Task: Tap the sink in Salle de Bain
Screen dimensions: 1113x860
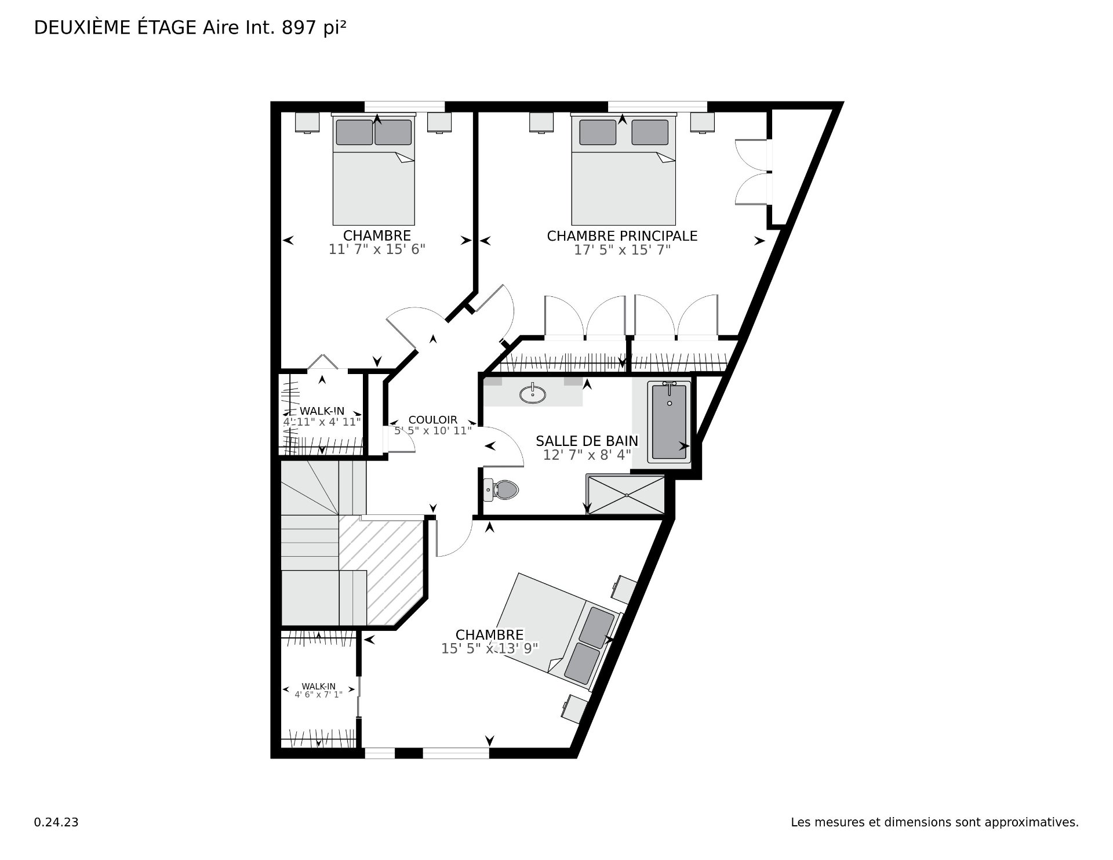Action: pyautogui.click(x=532, y=394)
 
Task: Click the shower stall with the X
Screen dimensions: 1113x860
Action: pyautogui.click(x=626, y=495)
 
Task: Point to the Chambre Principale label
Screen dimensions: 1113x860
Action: pyautogui.click(x=622, y=236)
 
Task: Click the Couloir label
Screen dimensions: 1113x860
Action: pyautogui.click(x=433, y=420)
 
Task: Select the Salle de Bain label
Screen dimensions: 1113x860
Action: pyautogui.click(x=587, y=441)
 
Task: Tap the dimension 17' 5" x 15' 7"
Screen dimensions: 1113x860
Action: pyautogui.click(x=622, y=250)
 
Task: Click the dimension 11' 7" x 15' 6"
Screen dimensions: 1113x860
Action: pyautogui.click(x=377, y=249)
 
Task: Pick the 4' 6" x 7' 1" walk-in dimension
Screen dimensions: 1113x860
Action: pyautogui.click(x=318, y=694)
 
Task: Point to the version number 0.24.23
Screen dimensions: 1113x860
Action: pyautogui.click(x=56, y=822)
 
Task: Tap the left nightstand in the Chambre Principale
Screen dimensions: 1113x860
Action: pyautogui.click(x=541, y=122)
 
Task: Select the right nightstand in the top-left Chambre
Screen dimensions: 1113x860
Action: pyautogui.click(x=439, y=122)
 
